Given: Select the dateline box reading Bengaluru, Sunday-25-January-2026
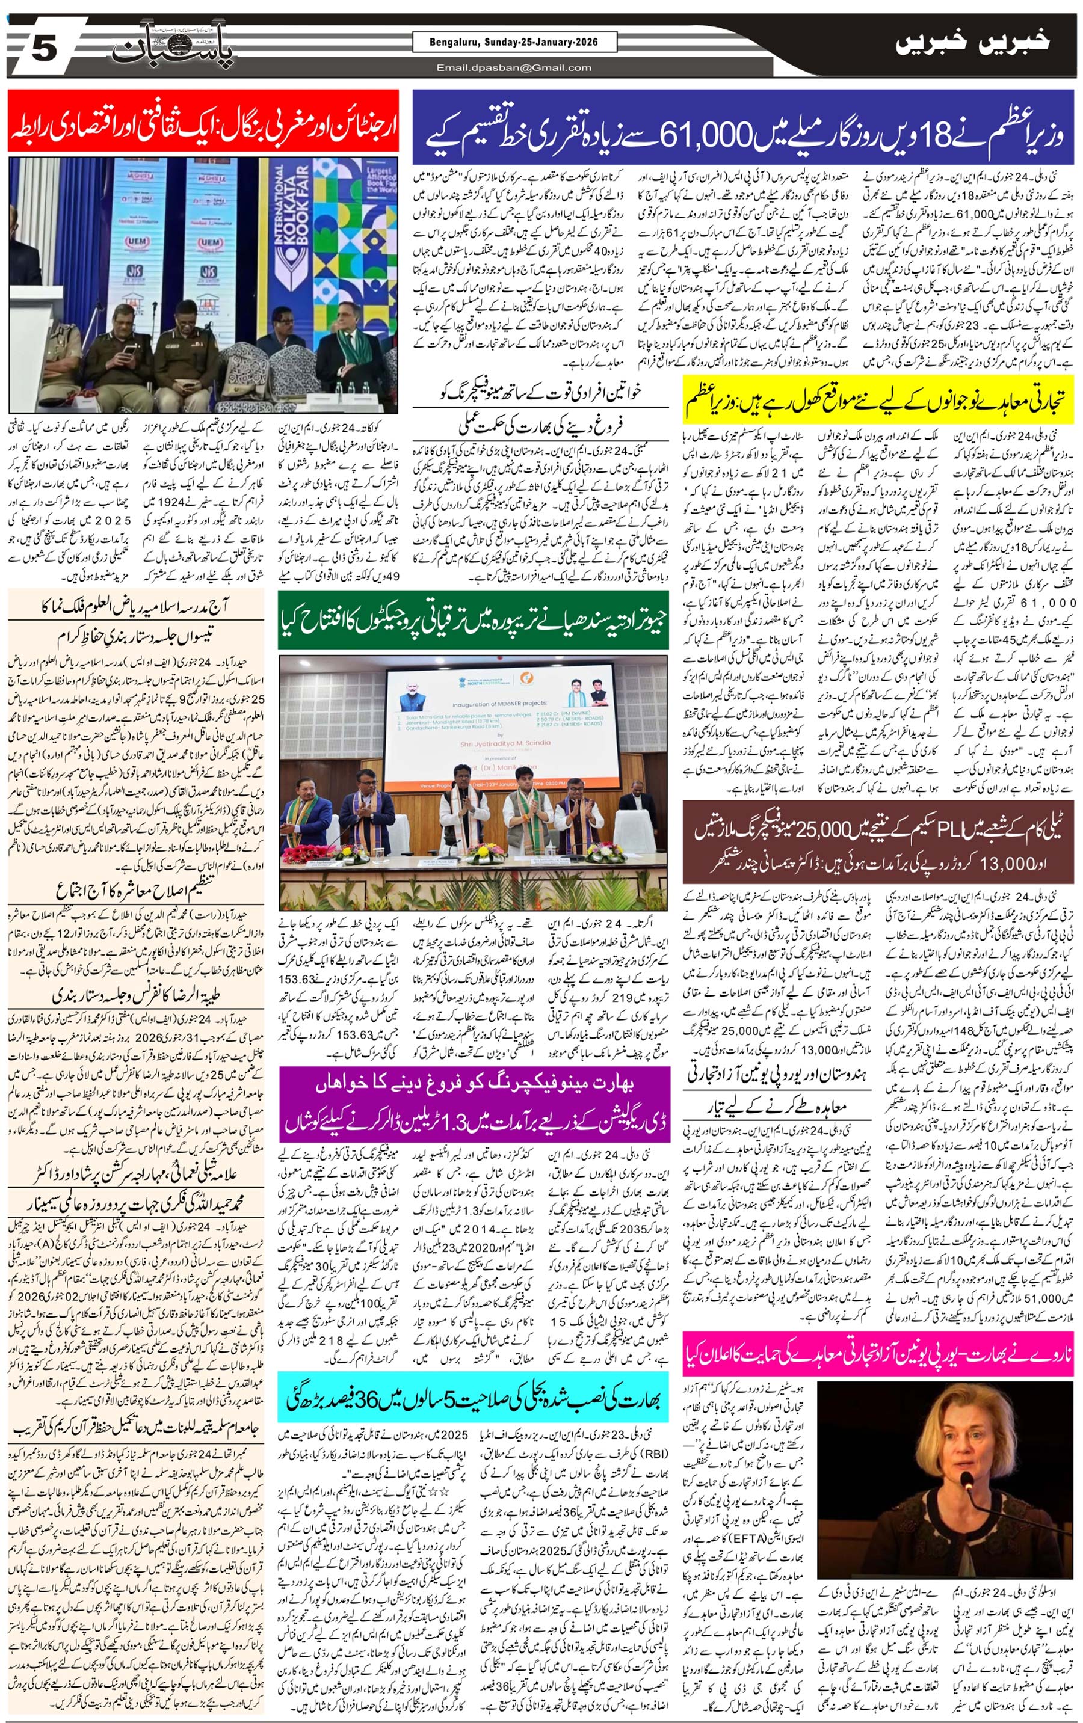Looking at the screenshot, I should pyautogui.click(x=514, y=42).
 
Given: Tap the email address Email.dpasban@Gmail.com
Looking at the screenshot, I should pyautogui.click(x=514, y=68).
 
